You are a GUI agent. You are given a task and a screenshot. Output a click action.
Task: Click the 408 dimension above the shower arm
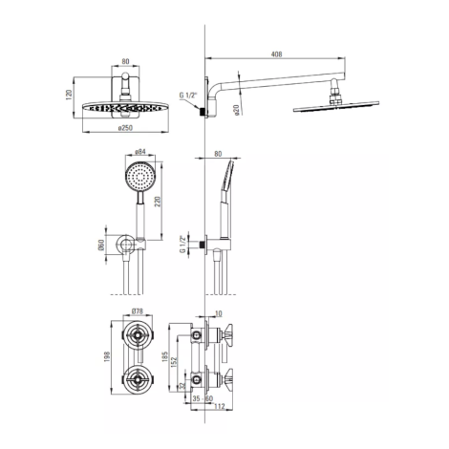276,54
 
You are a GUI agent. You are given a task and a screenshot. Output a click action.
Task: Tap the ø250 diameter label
125,128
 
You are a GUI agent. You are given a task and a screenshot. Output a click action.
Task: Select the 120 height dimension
70,96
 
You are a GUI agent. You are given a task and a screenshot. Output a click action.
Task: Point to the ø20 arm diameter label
237,110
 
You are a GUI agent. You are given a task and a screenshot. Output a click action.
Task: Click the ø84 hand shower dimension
140,152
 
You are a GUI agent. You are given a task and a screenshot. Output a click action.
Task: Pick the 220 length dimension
158,203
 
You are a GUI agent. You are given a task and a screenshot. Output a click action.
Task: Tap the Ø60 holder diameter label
101,245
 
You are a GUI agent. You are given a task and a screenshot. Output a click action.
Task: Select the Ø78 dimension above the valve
138,311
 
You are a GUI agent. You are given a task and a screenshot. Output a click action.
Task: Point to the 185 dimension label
164,356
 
